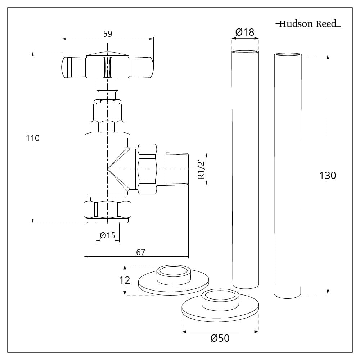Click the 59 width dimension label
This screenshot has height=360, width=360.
(x=108, y=34)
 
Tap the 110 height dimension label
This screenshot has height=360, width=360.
(x=33, y=138)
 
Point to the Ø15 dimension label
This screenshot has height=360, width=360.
(x=107, y=235)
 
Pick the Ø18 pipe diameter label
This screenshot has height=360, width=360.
(x=244, y=32)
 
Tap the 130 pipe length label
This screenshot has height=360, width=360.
(x=328, y=175)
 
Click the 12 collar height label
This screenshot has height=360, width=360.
(x=125, y=280)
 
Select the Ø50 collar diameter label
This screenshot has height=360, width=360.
(x=220, y=338)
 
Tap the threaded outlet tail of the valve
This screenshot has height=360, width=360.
(x=176, y=169)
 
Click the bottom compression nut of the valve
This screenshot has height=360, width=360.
(x=107, y=210)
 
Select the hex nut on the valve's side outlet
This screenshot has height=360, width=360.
(x=147, y=169)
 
